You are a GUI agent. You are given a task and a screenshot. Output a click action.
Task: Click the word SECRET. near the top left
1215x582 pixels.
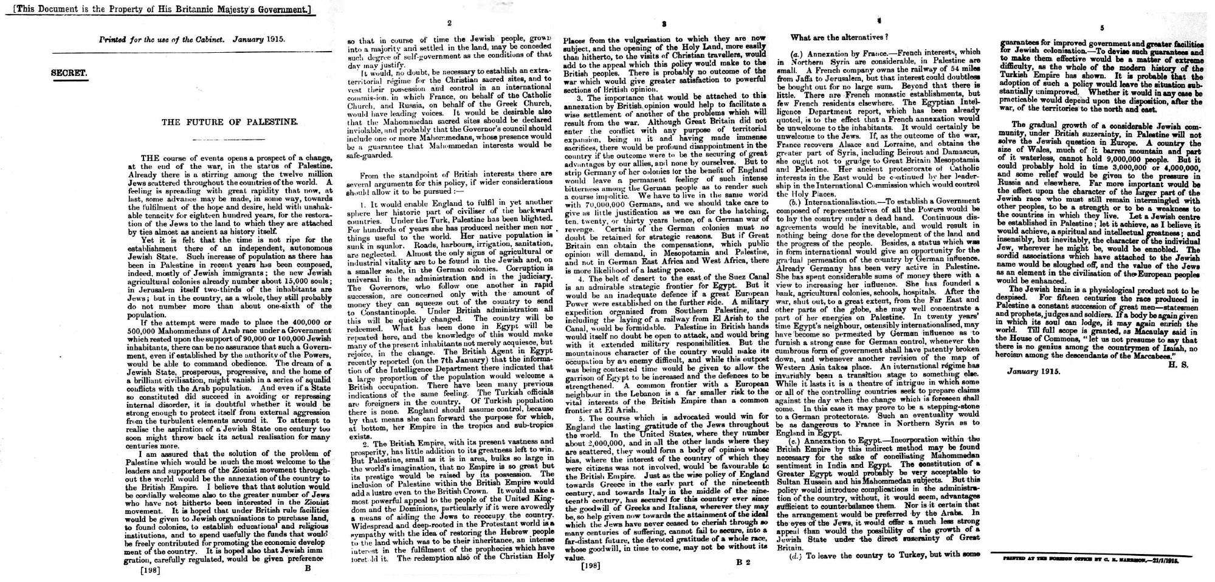point(69,73)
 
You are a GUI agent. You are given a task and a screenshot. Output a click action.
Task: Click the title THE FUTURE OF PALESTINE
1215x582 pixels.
point(230,122)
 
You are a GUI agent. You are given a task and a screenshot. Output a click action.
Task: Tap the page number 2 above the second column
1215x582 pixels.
point(449,24)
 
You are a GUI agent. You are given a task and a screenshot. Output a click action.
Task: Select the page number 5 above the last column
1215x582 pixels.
point(1102,28)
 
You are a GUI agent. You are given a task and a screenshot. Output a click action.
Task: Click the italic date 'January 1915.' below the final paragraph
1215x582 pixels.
point(1033,371)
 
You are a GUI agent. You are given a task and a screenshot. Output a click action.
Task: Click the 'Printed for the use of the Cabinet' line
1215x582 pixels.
point(191,39)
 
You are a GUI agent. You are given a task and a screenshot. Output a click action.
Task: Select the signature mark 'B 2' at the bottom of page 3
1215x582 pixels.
point(743,562)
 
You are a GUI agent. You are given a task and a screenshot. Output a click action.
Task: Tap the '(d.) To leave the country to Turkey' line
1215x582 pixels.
point(884,555)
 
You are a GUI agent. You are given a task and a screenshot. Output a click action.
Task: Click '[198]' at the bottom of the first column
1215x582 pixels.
point(150,570)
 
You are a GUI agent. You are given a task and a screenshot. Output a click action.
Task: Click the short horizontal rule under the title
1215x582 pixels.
point(230,140)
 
